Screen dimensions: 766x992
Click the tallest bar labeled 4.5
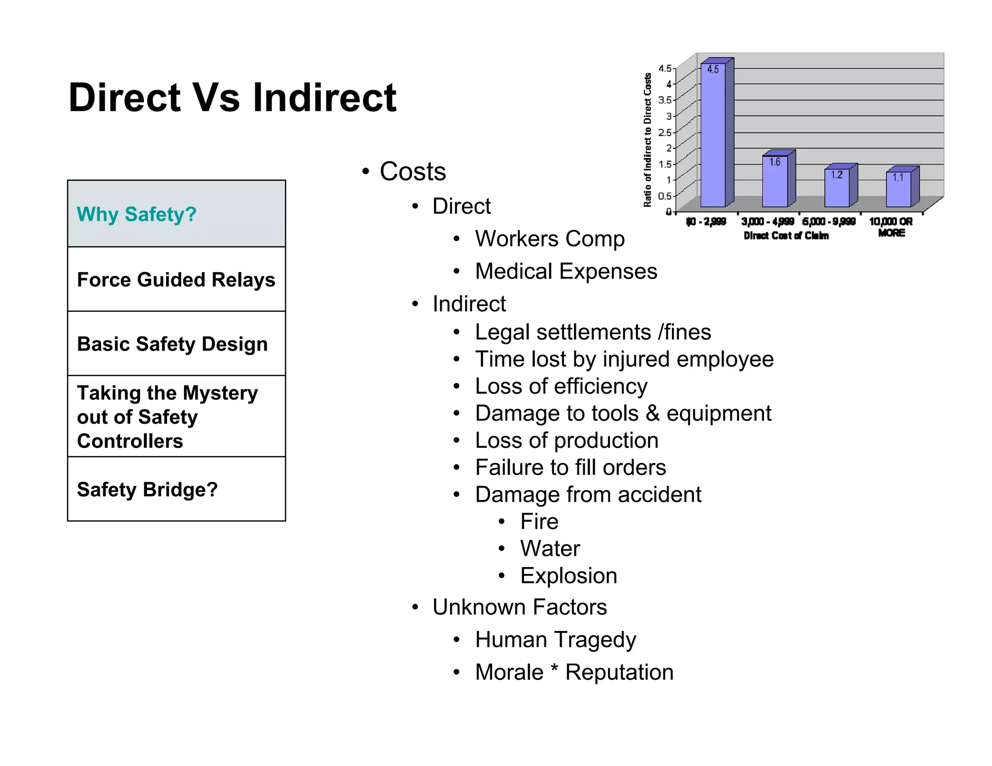coord(713,136)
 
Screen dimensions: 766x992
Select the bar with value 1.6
coord(775,181)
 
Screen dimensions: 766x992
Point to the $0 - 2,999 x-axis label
coord(706,222)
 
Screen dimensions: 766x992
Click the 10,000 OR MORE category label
coord(891,227)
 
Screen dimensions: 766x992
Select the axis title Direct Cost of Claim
coord(786,236)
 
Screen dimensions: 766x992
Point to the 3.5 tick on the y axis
coord(665,100)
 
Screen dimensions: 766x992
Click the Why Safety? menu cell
coord(176,214)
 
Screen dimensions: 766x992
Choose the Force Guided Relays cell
coord(176,279)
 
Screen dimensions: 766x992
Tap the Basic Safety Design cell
coord(176,344)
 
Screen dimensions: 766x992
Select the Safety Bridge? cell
coord(176,490)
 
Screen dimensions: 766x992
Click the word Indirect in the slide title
coord(325,98)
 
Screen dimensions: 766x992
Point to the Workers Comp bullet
coord(549,239)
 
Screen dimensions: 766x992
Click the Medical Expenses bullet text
coord(566,271)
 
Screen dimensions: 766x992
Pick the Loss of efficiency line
coord(561,386)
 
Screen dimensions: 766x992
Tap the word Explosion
coord(568,576)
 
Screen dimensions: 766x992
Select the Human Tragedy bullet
coord(555,640)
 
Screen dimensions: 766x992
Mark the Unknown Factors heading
coord(519,607)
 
